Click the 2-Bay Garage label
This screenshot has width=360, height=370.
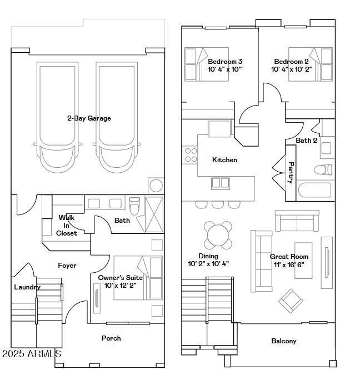pos(89,118)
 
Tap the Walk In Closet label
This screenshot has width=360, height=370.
pos(67,226)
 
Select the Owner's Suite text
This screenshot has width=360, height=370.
pos(121,277)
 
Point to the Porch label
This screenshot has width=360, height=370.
pos(111,338)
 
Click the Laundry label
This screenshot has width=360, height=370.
pos(27,287)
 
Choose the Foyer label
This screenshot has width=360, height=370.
pos(67,266)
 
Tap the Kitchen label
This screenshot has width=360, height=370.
pos(224,160)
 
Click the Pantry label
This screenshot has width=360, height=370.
pos(291,173)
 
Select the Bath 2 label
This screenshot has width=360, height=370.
pos(306,141)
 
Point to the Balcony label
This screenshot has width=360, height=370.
pos(283,341)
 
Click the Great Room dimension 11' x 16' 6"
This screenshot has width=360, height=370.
pos(289,265)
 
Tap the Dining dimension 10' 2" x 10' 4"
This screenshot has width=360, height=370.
pos(208,264)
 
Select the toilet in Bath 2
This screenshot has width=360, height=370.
pos(323,169)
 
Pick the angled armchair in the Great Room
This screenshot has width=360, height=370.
pos(291,301)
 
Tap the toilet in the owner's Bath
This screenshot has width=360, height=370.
pos(134,206)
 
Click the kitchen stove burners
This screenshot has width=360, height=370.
pos(191,155)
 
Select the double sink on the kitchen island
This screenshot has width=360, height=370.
pos(220,183)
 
